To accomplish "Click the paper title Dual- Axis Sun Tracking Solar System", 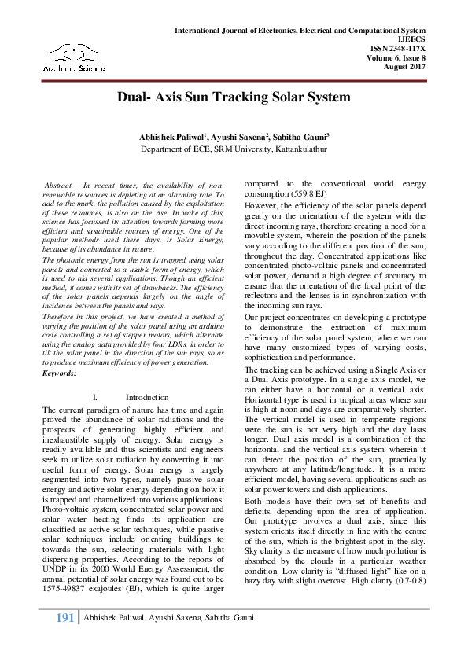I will [233, 98].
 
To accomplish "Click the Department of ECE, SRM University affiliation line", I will [234, 149].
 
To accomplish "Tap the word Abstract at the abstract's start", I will [61, 184].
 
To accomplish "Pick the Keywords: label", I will [60, 373].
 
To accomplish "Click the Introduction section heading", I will [147, 398].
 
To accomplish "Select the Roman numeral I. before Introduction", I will [94, 398].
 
